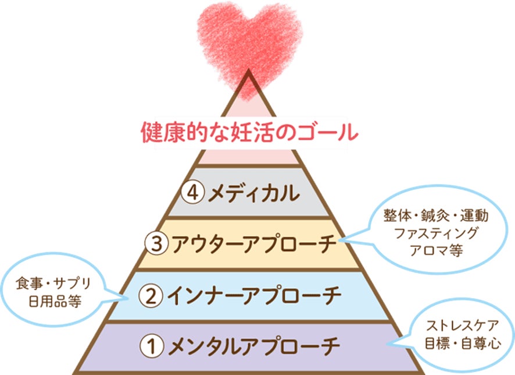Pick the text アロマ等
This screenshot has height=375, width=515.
(x=435, y=249)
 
